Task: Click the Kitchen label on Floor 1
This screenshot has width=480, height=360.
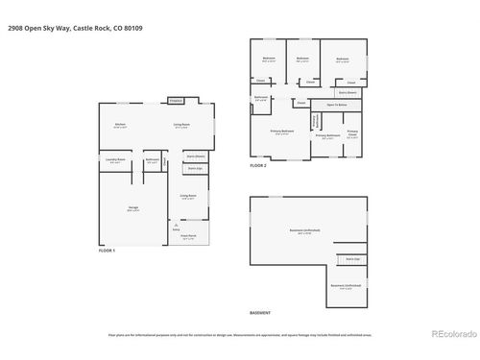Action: point(121,126)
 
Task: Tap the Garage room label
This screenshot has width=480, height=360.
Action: point(132,208)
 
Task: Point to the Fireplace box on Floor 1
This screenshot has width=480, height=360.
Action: point(176,100)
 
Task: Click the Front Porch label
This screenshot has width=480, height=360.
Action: point(189,235)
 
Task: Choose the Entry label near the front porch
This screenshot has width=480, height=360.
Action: point(176,230)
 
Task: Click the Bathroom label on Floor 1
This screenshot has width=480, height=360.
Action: point(152,161)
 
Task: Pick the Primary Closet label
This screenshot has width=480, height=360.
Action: point(352,132)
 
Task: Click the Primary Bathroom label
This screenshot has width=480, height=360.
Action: point(327,136)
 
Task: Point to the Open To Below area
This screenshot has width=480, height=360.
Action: point(336,104)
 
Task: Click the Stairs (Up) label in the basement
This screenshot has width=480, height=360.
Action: point(350,259)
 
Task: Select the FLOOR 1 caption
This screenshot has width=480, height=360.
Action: point(107,251)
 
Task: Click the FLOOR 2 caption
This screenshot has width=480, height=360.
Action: point(258,165)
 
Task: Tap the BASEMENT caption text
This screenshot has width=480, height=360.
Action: point(260,314)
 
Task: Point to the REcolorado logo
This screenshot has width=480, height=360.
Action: point(450,334)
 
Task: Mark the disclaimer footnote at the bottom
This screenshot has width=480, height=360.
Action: point(239,335)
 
